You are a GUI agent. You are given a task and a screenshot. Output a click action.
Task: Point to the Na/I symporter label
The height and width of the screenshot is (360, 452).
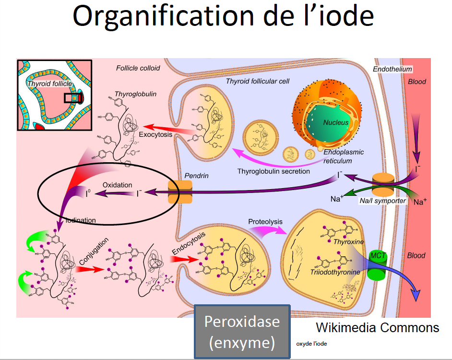[x=382, y=201]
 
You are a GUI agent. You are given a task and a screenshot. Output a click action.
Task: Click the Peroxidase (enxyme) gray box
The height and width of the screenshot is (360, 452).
[x=242, y=332]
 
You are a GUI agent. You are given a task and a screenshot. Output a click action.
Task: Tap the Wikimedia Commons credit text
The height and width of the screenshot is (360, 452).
[x=378, y=328]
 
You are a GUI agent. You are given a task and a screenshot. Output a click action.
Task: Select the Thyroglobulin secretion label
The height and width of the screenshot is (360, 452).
[x=274, y=171]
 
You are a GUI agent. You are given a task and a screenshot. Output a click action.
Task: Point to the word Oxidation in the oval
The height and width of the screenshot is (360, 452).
[x=117, y=185]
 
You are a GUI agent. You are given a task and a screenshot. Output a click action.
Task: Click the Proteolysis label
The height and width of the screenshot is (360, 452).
[x=265, y=221]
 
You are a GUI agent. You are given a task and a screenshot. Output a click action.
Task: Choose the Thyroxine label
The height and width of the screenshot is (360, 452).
[x=349, y=241]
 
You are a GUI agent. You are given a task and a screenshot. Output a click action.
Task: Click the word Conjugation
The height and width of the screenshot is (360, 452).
[x=93, y=250]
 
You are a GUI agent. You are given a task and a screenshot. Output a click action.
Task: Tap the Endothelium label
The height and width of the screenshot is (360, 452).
[x=392, y=69]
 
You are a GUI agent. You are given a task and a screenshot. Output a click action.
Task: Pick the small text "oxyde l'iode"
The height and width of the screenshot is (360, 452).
[x=312, y=344]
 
